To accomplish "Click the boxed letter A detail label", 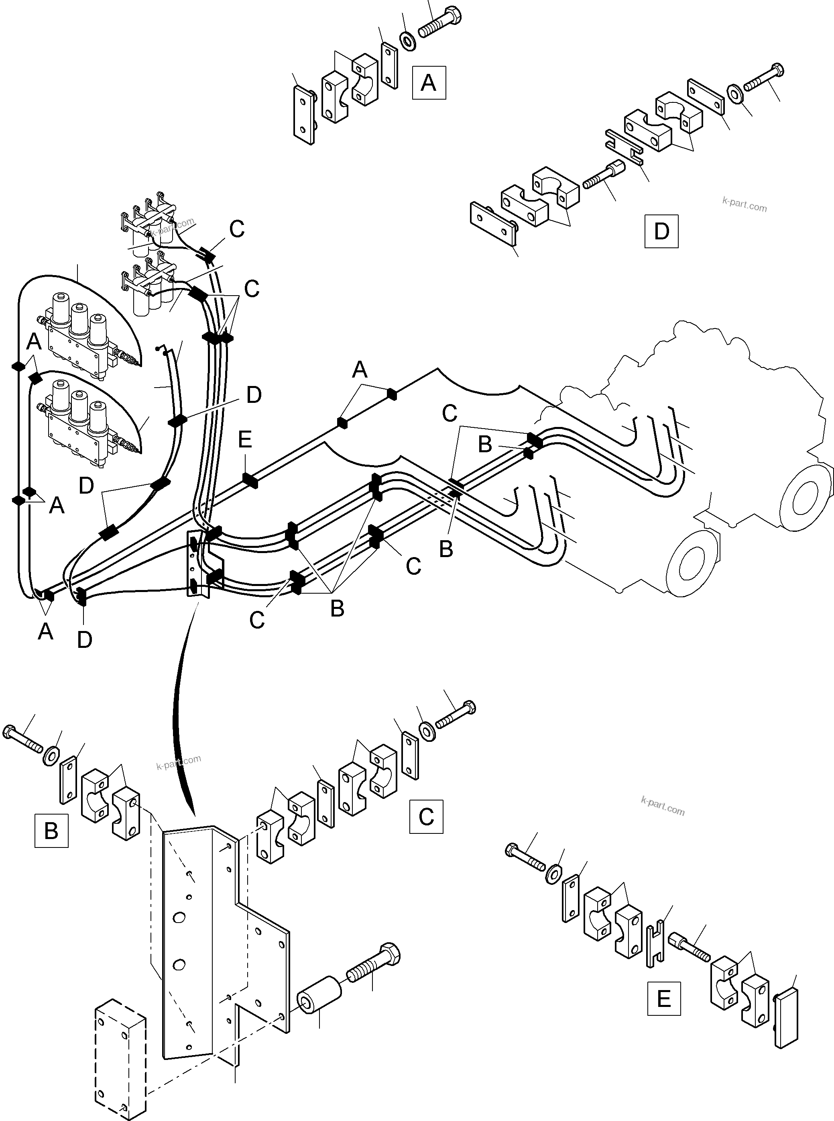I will (x=429, y=82).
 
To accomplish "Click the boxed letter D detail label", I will (x=661, y=231).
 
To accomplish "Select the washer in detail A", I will (x=408, y=41).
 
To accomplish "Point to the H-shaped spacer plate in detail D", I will (x=624, y=147).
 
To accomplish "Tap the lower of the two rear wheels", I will (x=690, y=563).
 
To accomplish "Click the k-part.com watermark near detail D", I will (x=744, y=204).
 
